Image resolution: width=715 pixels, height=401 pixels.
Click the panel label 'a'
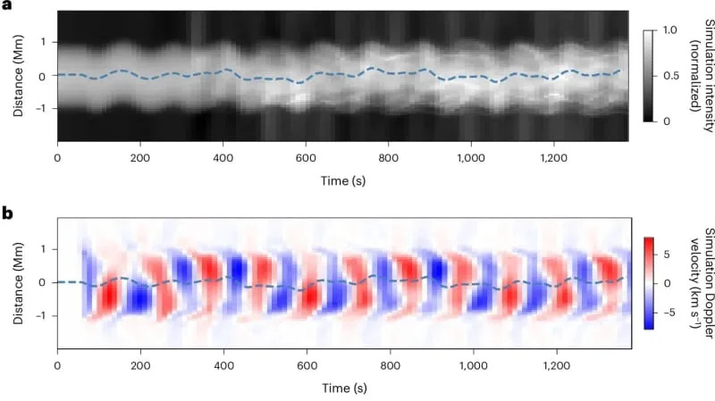(7, 7)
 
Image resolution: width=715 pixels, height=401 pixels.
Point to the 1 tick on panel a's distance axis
(41, 42)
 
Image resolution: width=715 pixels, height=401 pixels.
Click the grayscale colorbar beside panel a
(650, 75)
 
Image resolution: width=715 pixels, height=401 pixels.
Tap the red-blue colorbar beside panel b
(650, 282)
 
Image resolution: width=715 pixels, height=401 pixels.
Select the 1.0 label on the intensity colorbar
(671, 30)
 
